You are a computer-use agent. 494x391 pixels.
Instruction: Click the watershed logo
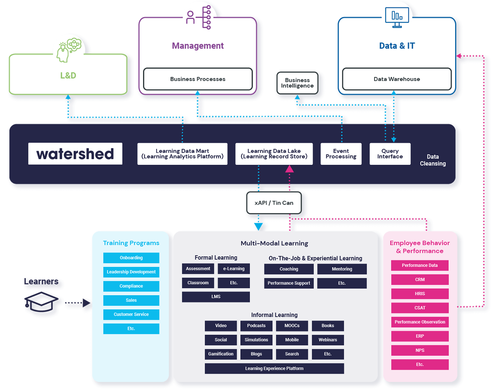pos(75,154)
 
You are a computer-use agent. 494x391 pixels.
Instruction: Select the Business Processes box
pos(198,79)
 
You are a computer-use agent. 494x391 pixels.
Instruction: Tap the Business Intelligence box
pos(297,83)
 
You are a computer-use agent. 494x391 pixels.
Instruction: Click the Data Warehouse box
pos(397,79)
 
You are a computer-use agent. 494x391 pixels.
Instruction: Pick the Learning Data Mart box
pos(182,154)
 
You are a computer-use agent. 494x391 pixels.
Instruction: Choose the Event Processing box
pos(341,154)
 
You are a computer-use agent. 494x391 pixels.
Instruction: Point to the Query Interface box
pos(390,154)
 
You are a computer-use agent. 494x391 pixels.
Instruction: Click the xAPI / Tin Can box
pos(274,203)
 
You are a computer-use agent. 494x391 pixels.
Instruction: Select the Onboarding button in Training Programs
pos(131,258)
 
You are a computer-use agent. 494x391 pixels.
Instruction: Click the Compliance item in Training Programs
pos(131,286)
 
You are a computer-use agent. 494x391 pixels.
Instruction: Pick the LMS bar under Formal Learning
pos(216,297)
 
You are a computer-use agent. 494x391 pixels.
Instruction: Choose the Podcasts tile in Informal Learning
pos(256,326)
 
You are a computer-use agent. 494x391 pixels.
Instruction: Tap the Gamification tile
pos(221,354)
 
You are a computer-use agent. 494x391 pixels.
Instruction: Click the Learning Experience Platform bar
pos(274,368)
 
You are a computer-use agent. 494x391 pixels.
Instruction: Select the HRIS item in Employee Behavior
pos(420,294)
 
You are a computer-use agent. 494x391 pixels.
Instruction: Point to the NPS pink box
pos(420,350)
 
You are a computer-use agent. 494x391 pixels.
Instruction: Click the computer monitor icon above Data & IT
pos(397,17)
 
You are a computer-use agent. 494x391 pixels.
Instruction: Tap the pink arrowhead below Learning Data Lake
pos(289,169)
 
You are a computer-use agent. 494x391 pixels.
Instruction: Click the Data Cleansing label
pos(433,160)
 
